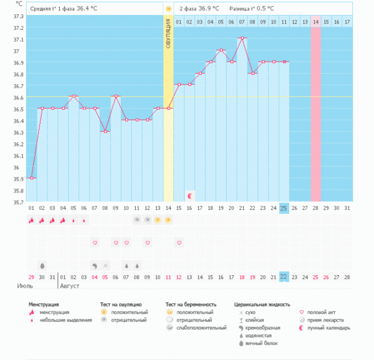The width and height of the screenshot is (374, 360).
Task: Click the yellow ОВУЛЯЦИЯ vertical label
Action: (x=168, y=38)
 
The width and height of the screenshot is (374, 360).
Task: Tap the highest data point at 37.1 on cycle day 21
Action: (x=242, y=38)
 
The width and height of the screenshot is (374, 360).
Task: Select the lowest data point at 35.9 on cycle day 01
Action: (x=32, y=178)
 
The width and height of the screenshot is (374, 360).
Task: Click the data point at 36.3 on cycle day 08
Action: (x=105, y=131)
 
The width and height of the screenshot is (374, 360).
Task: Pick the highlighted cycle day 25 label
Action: (x=284, y=207)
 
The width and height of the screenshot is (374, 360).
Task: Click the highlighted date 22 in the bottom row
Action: (x=284, y=277)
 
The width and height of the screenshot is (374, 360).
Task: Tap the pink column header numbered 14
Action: (x=316, y=22)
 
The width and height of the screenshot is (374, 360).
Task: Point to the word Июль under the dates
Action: (x=24, y=287)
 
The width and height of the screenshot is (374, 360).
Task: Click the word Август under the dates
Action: (x=69, y=287)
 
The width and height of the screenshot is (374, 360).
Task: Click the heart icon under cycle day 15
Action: (x=179, y=242)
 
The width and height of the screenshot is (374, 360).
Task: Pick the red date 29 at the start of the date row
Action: (x=31, y=277)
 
